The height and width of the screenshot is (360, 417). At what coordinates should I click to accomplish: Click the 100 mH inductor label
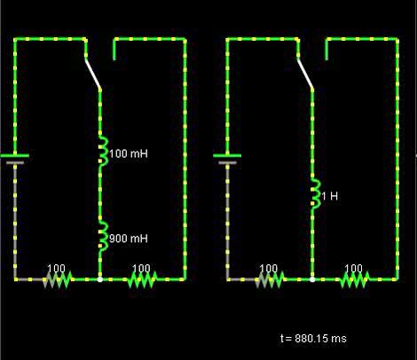pyautogui.click(x=129, y=153)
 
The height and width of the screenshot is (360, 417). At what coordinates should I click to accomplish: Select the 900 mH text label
pyautogui.click(x=129, y=239)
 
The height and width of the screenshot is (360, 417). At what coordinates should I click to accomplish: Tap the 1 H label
pyautogui.click(x=329, y=196)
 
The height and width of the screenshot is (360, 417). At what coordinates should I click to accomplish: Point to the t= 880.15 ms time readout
pyautogui.click(x=313, y=338)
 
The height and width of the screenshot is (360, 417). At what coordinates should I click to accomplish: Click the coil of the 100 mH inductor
pyautogui.click(x=104, y=152)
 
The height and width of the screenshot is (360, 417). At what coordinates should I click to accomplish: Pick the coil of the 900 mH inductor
pyautogui.click(x=104, y=237)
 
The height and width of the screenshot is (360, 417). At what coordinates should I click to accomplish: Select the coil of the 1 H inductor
pyautogui.click(x=316, y=194)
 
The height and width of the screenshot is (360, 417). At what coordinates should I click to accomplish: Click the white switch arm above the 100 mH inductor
pyautogui.click(x=93, y=73)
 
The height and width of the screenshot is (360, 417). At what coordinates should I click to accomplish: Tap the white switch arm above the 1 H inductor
pyautogui.click(x=305, y=73)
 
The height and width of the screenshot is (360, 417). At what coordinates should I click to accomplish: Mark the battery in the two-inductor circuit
pyautogui.click(x=15, y=159)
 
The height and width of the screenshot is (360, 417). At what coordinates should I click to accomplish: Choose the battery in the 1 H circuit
pyautogui.click(x=227, y=159)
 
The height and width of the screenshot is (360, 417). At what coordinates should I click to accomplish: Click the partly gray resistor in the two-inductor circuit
pyautogui.click(x=58, y=279)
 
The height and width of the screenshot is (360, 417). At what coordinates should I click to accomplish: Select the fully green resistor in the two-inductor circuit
pyautogui.click(x=142, y=279)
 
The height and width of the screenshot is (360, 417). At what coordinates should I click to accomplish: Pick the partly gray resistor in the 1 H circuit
pyautogui.click(x=270, y=279)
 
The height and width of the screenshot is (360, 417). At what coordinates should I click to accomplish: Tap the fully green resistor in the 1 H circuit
pyautogui.click(x=355, y=279)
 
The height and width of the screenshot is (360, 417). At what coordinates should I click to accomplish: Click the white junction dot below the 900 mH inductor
pyautogui.click(x=100, y=279)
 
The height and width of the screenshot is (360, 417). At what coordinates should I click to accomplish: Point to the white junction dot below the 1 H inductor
pyautogui.click(x=312, y=279)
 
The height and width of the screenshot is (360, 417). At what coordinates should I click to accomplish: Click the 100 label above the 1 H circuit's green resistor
pyautogui.click(x=353, y=268)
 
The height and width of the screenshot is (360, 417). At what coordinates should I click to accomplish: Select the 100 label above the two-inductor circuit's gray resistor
pyautogui.click(x=56, y=268)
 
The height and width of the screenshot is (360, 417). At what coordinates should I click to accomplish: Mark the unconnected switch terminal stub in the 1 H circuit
pyautogui.click(x=327, y=49)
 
